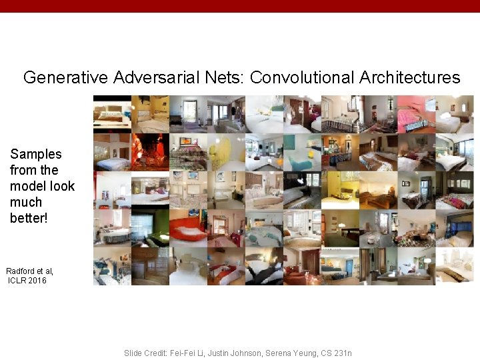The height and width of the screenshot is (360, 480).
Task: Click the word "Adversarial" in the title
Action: [x=156, y=77]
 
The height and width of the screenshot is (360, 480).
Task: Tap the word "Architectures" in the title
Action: [x=409, y=77]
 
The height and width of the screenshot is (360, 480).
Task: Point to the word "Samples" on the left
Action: [x=36, y=154]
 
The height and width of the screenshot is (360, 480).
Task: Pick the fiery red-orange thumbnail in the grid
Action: [x=150, y=152]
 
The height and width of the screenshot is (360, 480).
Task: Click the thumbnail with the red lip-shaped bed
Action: [x=188, y=229]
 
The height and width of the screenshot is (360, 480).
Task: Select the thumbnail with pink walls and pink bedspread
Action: [x=416, y=114]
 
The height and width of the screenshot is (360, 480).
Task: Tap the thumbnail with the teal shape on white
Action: [x=302, y=152]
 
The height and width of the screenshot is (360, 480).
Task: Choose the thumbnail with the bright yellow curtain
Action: [x=226, y=152]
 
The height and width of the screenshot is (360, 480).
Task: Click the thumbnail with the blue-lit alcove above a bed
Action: [x=454, y=229]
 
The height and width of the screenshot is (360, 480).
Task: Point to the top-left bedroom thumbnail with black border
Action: [x=112, y=114]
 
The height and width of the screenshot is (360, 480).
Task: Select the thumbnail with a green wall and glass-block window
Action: [x=150, y=229]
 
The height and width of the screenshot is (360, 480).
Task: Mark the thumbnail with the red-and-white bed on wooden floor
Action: [x=226, y=267]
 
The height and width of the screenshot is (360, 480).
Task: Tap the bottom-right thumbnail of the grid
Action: [x=454, y=267]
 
